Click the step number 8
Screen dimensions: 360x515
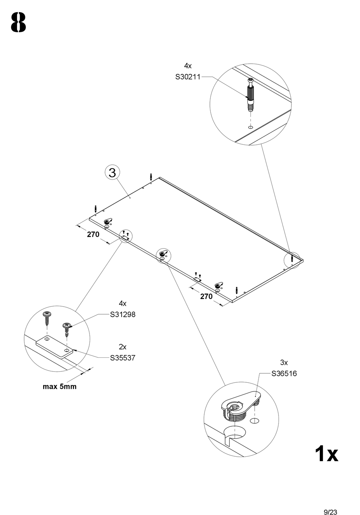(x=19, y=22)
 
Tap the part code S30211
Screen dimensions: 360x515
(x=188, y=77)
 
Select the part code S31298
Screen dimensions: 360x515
(x=123, y=314)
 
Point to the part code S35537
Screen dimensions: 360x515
(x=123, y=358)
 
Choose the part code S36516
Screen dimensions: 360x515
(x=284, y=374)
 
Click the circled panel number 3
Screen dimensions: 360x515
(x=112, y=173)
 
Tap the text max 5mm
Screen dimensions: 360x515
(x=59, y=387)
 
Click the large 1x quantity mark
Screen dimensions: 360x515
(x=326, y=454)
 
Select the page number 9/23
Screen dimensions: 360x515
(x=330, y=512)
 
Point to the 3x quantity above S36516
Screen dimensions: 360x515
(x=284, y=363)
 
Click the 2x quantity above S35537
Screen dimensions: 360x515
(x=122, y=347)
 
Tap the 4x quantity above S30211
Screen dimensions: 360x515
(x=188, y=66)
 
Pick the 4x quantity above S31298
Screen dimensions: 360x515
(x=122, y=304)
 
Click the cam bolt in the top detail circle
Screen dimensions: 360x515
(x=250, y=95)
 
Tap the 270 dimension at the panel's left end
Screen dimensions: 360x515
(x=93, y=235)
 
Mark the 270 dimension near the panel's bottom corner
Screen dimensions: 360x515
(x=206, y=297)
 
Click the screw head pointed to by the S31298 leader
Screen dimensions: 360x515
(x=67, y=325)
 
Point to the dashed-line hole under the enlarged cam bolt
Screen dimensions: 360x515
(x=250, y=127)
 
